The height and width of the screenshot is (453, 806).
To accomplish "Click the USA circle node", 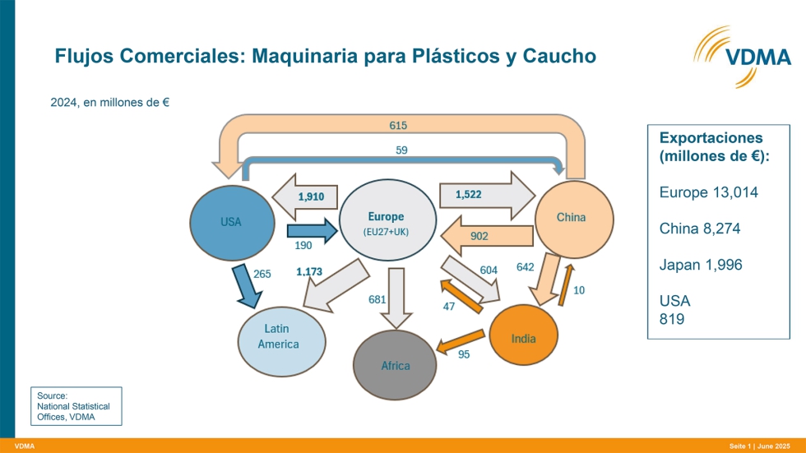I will (x=231, y=222).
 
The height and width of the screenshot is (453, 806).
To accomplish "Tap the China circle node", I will (x=572, y=217).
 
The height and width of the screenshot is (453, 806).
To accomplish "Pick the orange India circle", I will (x=524, y=336).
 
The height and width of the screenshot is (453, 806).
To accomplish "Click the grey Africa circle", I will (x=395, y=364).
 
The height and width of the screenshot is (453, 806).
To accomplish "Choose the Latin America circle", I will (x=280, y=336).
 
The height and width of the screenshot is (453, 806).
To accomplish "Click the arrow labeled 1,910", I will (x=305, y=197).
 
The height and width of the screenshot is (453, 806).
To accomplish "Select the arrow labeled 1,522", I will (x=475, y=196).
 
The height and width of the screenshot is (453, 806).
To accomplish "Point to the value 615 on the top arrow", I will (x=398, y=126).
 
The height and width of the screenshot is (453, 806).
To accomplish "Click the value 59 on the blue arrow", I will (x=401, y=150).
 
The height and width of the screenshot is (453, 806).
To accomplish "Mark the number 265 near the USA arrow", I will (x=262, y=274).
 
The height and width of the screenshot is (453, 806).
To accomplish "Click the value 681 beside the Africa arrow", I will (x=378, y=300).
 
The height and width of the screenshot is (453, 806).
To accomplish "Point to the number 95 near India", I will (x=464, y=354).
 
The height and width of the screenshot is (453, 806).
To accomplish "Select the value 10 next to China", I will (x=579, y=290).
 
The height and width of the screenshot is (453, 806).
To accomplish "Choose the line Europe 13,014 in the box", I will (x=708, y=192).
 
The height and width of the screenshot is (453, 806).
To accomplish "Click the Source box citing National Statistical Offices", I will (x=76, y=406).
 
